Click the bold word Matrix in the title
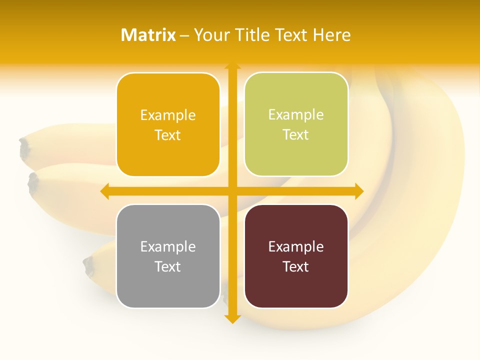148,35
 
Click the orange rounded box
168,125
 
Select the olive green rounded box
296,124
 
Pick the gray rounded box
168,256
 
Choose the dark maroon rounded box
296,256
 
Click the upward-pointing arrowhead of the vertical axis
232,65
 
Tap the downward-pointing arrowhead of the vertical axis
232,319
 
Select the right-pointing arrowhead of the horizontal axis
359,191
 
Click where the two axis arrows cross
232,191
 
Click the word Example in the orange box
168,115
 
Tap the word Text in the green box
296,135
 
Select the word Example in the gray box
168,246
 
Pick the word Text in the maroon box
296,266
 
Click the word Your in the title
209,35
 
